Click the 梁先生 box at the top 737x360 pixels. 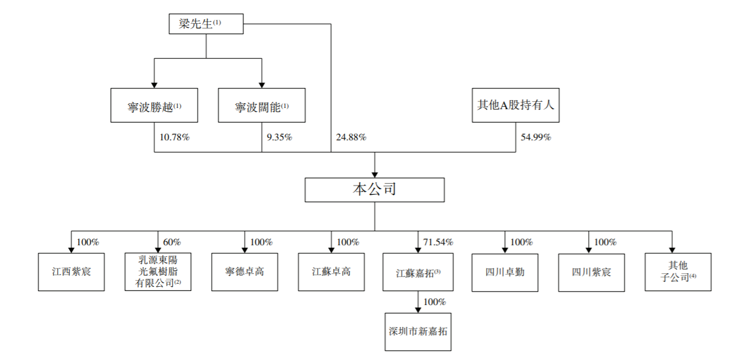[206, 24]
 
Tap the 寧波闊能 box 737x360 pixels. [262, 106]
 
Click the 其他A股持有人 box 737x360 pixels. [515, 105]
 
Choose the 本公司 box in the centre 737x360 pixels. [375, 190]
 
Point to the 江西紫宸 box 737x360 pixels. [71, 271]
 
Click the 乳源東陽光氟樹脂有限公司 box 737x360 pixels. [157, 271]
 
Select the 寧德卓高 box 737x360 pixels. [245, 271]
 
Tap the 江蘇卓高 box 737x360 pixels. [331, 271]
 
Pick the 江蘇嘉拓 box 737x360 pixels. [418, 271]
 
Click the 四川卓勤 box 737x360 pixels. [505, 271]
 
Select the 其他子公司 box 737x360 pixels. [677, 271]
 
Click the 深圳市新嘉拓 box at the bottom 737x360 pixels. [418, 331]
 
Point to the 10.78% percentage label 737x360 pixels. [174, 137]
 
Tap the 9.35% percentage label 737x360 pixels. [279, 137]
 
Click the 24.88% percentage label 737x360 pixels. [351, 137]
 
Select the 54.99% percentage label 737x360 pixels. [536, 137]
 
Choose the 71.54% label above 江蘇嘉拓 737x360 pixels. [438, 242]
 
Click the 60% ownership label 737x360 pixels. [171, 242]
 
